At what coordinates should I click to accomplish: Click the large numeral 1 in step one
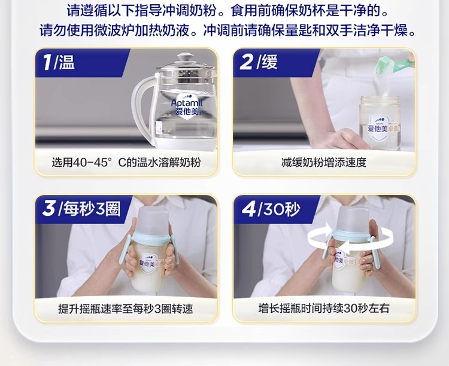47,62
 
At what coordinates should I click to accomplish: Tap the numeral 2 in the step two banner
247,62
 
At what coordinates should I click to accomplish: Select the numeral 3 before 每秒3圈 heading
48,208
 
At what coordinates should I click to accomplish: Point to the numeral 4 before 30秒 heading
248,209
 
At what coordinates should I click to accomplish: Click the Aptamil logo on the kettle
187,105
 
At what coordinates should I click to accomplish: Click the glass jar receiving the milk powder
380,123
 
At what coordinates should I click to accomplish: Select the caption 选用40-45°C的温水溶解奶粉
126,163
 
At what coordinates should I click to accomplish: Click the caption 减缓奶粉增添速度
323,163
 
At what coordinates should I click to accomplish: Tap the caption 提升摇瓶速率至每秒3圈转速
126,309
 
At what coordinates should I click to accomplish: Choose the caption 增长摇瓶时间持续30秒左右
324,309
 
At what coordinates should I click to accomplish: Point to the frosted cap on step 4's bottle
353,219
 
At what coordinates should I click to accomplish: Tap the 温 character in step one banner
66,62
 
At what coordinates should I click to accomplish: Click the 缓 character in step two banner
269,62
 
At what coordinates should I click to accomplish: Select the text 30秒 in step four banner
282,209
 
